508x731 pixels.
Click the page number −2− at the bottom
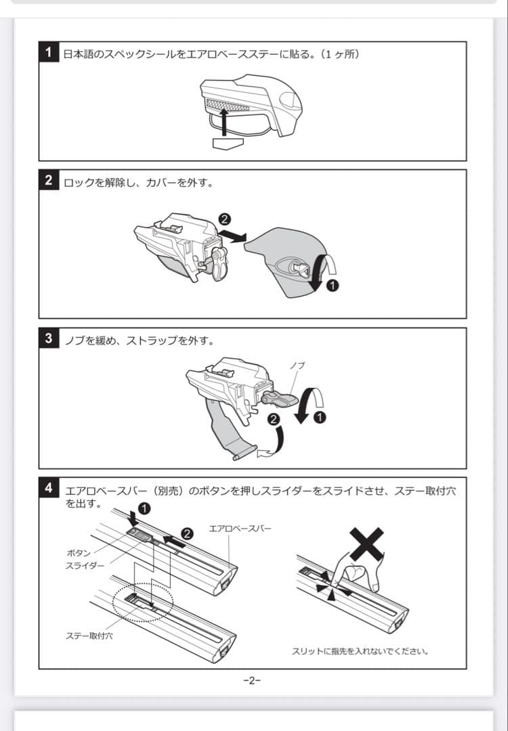pos(251,681)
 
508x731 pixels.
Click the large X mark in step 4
pos(366,544)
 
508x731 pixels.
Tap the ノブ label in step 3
pos(297,365)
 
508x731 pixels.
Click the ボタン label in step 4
pos(79,553)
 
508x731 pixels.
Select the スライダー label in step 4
pos(85,565)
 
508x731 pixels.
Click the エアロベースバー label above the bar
pos(240,528)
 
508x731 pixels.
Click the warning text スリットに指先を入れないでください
pos(360,651)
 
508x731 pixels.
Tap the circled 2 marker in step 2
pos(225,219)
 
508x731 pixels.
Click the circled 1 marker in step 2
pos(332,285)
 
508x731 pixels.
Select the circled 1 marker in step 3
pos(320,416)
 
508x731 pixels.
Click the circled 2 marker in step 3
pos(273,419)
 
